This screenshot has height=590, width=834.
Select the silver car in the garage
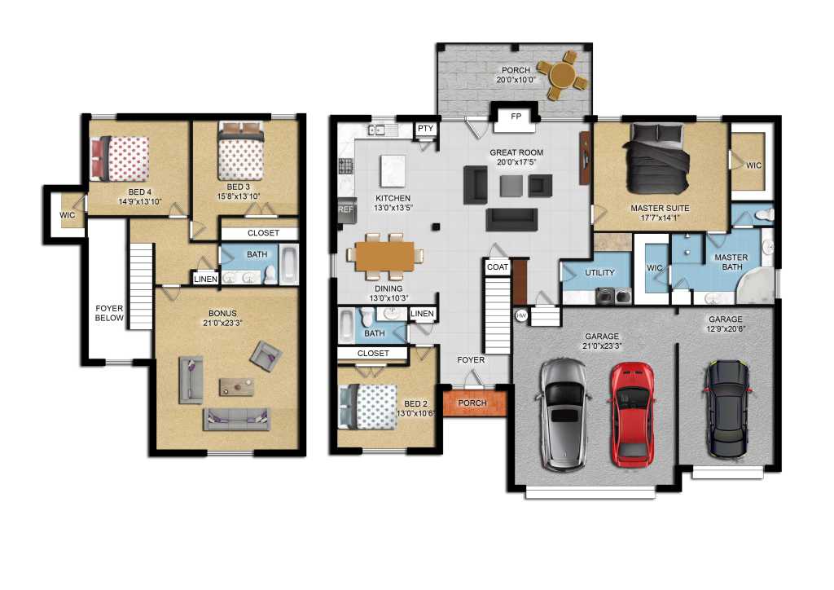click(564, 415)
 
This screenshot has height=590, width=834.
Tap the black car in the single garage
click(726, 408)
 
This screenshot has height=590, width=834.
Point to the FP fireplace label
click(516, 116)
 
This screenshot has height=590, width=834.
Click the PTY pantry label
click(425, 128)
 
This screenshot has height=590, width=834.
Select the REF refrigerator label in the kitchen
click(345, 209)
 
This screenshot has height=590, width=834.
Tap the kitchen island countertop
click(393, 171)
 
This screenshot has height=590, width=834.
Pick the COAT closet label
click(498, 267)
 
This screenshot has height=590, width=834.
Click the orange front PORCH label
click(472, 403)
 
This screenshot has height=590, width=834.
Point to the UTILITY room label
click(599, 272)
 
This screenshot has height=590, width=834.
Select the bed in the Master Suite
click(657, 159)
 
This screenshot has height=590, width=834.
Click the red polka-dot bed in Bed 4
click(120, 159)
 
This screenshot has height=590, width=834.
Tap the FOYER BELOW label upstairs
click(109, 313)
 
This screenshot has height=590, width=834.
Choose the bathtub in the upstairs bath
click(289, 264)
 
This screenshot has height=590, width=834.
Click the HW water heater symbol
click(521, 315)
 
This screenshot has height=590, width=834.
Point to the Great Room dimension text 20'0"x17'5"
click(516, 161)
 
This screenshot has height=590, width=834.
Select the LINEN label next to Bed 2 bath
click(423, 314)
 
